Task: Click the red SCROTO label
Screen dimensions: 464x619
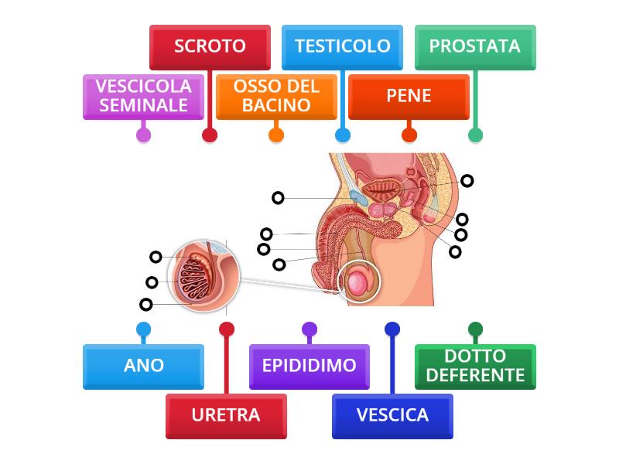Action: (210, 46)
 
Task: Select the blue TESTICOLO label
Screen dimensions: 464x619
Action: (342, 46)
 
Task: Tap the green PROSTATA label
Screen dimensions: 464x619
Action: (475, 46)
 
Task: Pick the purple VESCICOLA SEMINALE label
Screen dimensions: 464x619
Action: (143, 97)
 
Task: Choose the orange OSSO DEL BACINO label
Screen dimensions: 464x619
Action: (276, 97)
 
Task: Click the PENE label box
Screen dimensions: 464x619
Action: (409, 97)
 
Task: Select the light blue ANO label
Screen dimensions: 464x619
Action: (143, 366)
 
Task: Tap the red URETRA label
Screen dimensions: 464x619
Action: (226, 415)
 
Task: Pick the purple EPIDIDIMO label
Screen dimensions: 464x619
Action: (309, 366)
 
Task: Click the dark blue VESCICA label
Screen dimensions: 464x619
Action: (392, 415)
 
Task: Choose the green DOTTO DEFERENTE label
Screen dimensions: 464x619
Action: (475, 366)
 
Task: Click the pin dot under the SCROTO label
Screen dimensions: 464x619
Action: (210, 135)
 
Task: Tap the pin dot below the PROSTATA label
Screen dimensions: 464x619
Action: (475, 135)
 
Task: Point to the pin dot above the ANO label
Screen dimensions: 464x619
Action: (143, 329)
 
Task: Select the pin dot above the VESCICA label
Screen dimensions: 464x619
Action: (392, 329)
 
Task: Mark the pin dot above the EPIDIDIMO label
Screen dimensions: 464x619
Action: (309, 329)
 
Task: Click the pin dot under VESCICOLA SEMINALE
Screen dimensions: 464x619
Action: (143, 135)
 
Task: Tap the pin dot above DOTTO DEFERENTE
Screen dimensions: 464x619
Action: (475, 329)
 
